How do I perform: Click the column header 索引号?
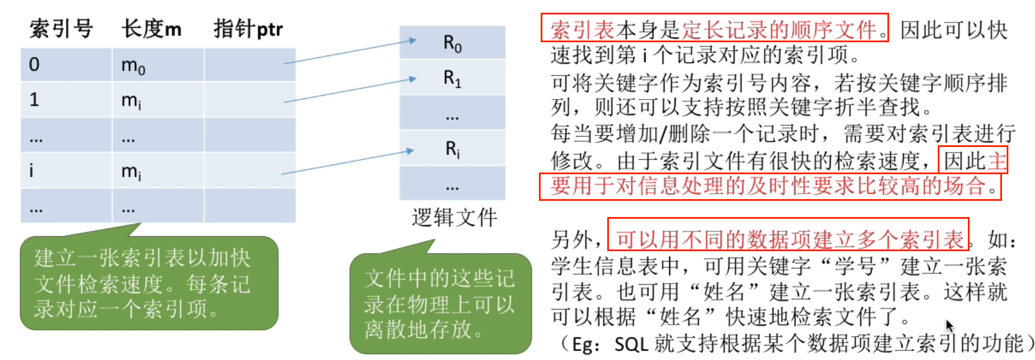[x=61, y=28]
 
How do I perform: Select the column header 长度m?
[x=151, y=28]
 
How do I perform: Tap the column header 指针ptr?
[x=248, y=28]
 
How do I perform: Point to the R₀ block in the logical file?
[x=452, y=43]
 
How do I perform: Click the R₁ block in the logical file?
[x=452, y=78]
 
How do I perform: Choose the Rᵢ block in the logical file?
[x=452, y=149]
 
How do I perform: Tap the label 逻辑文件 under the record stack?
[x=454, y=218]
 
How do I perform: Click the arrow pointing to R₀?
[x=350, y=51]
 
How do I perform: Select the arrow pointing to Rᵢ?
[x=347, y=162]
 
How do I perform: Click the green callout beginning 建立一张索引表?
[x=148, y=284]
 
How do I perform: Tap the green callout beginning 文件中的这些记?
[x=440, y=304]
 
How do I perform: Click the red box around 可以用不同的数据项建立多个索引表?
[x=788, y=234]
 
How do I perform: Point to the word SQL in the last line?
[x=631, y=344]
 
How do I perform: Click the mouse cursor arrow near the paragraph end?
[x=949, y=325]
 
